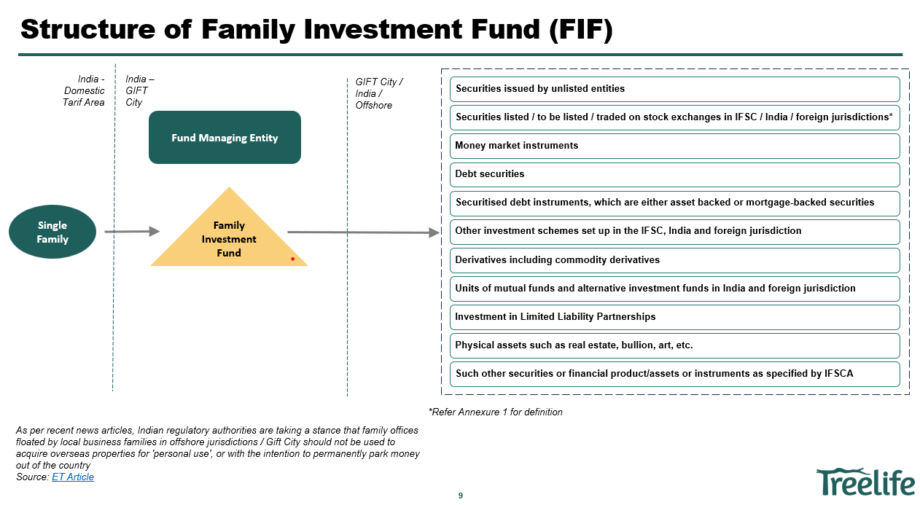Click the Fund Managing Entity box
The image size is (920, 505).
pyautogui.click(x=225, y=138)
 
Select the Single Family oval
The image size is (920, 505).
pyautogui.click(x=52, y=232)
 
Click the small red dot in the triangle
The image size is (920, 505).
pyautogui.click(x=292, y=259)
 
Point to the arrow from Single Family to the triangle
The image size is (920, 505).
pyautogui.click(x=132, y=232)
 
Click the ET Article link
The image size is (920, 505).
pyautogui.click(x=73, y=477)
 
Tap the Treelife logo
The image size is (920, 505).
pyautogui.click(x=865, y=482)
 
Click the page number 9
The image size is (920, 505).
pyautogui.click(x=460, y=496)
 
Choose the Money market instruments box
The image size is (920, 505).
pyautogui.click(x=674, y=146)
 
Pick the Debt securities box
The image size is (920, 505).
pyautogui.click(x=674, y=174)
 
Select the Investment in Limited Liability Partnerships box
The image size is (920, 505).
pyautogui.click(x=674, y=317)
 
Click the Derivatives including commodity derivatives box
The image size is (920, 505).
pyautogui.click(x=674, y=260)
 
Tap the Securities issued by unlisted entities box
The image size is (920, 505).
pyautogui.click(x=674, y=89)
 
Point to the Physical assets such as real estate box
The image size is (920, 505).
pyautogui.click(x=674, y=345)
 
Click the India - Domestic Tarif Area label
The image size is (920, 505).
pyautogui.click(x=84, y=90)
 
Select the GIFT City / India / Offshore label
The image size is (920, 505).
pyautogui.click(x=379, y=93)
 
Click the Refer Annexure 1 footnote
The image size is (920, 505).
pyautogui.click(x=496, y=412)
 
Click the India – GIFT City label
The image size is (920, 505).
pyautogui.click(x=139, y=90)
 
